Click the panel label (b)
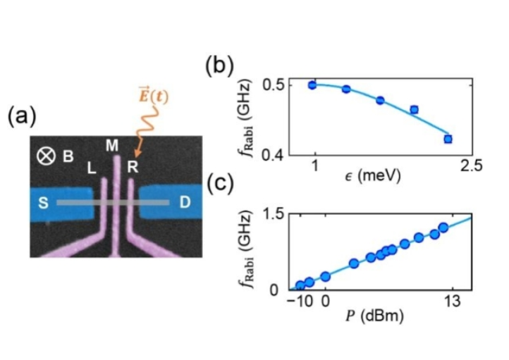(219, 66)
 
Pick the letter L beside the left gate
(90, 169)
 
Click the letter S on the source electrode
(42, 203)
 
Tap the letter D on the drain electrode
(185, 203)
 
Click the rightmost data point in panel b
(448, 139)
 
